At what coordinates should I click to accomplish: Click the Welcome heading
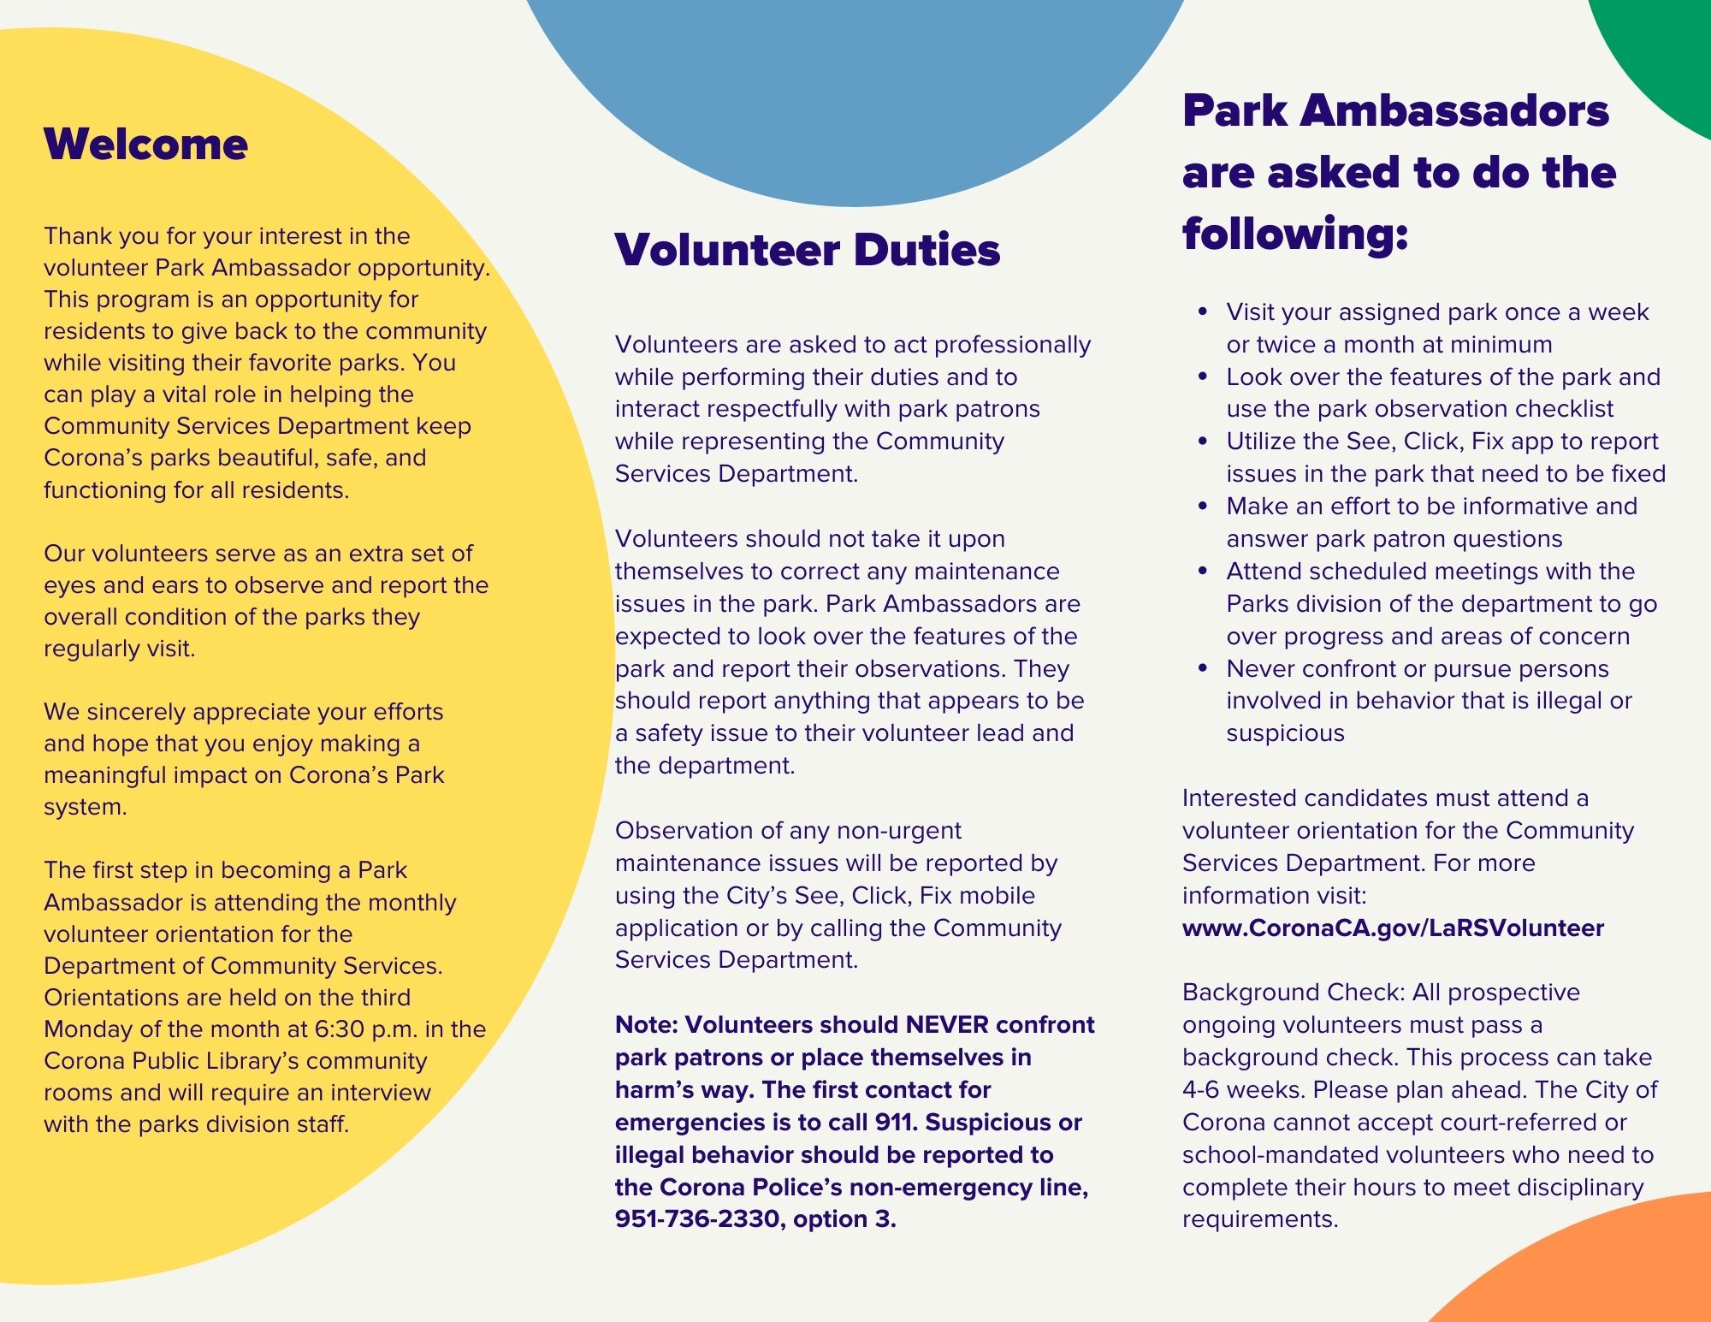point(145,144)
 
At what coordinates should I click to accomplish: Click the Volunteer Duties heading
point(807,250)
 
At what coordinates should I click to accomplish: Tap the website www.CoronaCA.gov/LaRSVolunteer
point(1393,928)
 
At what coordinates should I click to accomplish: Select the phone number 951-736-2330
point(696,1218)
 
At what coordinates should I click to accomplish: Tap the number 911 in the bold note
point(896,1122)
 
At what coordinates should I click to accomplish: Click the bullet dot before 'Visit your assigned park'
point(1204,312)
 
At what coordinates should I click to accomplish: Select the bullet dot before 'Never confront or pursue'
point(1204,668)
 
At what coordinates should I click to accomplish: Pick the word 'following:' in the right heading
point(1295,233)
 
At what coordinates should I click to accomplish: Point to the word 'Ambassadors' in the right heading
point(1455,110)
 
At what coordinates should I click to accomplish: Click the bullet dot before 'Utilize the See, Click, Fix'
point(1204,442)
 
